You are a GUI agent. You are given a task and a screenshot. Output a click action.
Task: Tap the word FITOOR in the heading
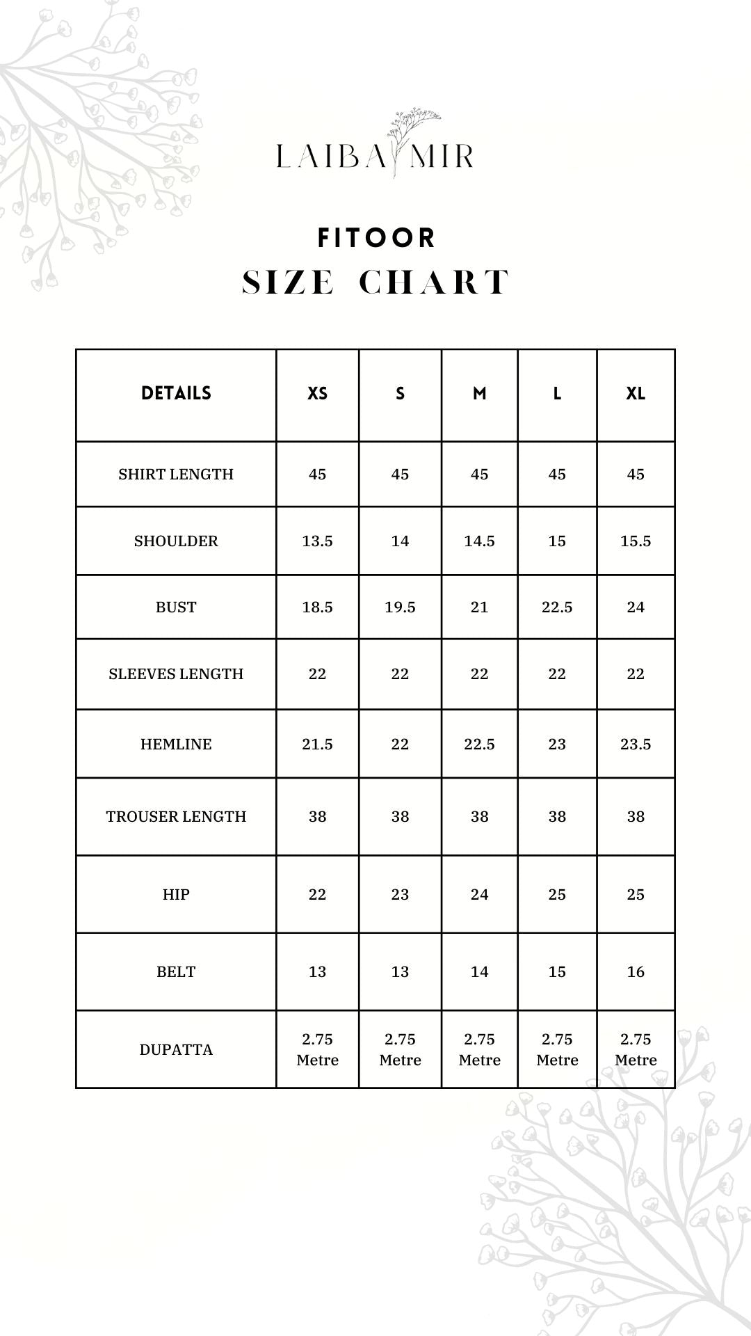[376, 238]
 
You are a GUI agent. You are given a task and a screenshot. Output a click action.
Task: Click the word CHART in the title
[435, 283]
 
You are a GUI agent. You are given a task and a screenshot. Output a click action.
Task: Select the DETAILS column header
[176, 393]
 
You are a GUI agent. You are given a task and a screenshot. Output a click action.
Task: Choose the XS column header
[317, 394]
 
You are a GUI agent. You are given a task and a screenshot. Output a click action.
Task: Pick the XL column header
[636, 394]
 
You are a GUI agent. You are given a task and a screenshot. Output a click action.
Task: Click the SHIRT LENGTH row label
[176, 475]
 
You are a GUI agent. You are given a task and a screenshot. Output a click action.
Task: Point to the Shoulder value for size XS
[317, 541]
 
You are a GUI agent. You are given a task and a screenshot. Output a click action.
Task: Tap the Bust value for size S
[400, 607]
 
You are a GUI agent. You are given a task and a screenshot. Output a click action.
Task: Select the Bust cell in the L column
[557, 607]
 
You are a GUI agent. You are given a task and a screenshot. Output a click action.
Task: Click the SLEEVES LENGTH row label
[176, 674]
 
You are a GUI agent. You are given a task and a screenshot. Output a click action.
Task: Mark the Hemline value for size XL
[636, 745]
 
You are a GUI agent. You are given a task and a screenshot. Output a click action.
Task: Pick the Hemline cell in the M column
[479, 745]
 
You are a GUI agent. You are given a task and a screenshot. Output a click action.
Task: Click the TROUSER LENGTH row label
[176, 817]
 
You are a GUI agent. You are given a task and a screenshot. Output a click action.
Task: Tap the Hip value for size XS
[317, 895]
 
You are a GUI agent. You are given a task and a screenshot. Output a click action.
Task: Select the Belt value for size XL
[636, 972]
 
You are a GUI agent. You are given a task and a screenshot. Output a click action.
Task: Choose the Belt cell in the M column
[479, 972]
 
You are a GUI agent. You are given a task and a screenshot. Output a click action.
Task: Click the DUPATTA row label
[176, 1050]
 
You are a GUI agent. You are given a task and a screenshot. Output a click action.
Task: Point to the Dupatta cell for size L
[557, 1049]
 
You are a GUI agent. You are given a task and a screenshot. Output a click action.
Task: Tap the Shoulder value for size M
[479, 541]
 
